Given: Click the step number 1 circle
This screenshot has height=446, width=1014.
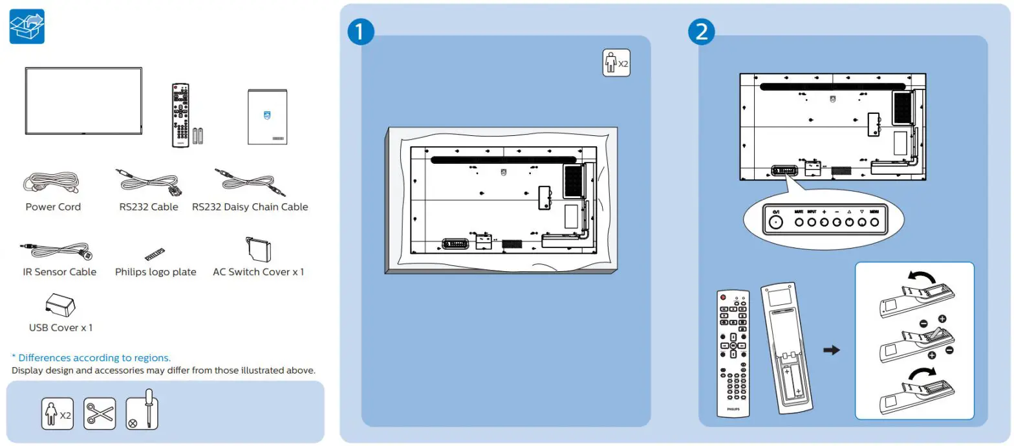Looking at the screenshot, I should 361,33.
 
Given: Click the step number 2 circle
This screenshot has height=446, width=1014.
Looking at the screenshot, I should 701,33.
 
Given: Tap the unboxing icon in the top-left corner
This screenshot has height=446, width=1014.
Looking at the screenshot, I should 27,27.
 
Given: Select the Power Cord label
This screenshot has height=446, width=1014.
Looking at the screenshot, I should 53,207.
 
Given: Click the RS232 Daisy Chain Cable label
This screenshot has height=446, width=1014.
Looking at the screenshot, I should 250,207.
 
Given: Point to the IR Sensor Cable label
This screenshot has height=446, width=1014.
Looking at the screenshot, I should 59,272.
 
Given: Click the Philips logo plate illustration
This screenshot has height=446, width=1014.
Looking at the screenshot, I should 155,253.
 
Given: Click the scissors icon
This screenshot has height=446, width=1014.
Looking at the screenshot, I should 100,414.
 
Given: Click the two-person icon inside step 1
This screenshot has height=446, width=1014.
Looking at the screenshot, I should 616,63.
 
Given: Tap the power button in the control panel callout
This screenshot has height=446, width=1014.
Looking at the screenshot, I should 774,222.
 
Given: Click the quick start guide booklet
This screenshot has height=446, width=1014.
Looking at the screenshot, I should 268,117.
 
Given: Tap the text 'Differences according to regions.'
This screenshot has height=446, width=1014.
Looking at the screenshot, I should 91,357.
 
